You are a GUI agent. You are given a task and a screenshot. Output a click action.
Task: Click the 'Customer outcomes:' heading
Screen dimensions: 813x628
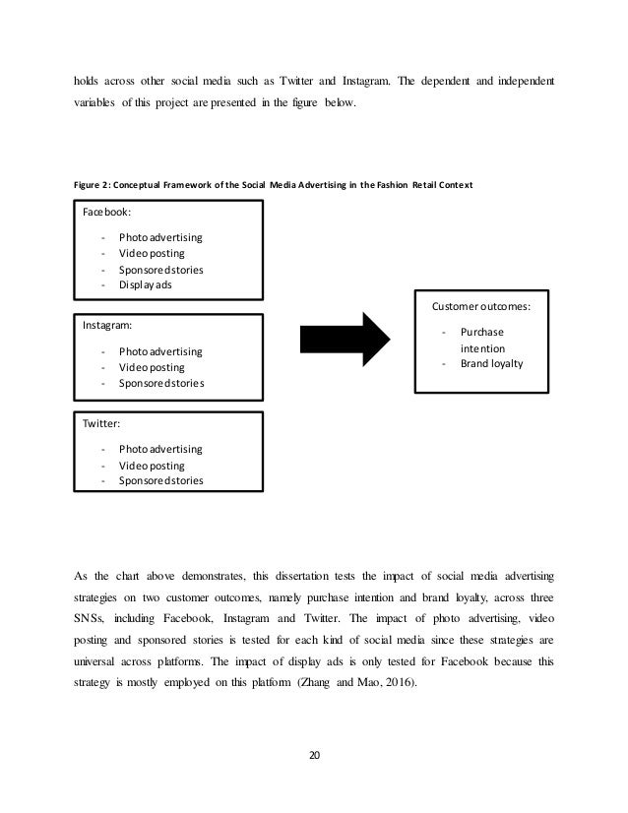[x=481, y=306]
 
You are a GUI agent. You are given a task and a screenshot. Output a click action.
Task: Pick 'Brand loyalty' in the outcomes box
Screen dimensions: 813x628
[x=491, y=363]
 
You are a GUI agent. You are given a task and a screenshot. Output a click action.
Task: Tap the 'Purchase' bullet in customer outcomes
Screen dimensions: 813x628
[x=481, y=333]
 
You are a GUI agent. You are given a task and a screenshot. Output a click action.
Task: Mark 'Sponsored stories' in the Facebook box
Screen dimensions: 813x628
[x=161, y=269]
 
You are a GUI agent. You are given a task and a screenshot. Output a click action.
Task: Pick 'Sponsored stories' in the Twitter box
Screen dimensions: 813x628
[x=161, y=481]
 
